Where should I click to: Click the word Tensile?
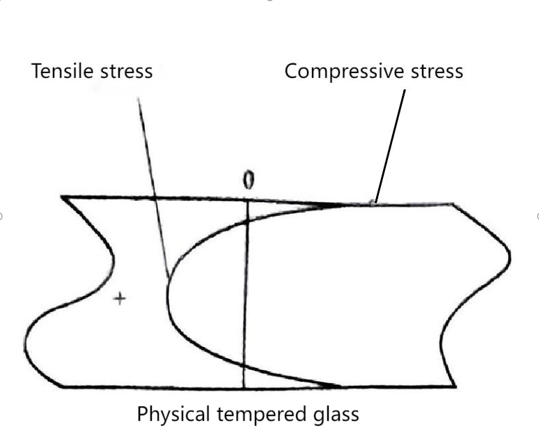click(62, 71)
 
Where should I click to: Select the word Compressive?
click(344, 72)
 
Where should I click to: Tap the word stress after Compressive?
click(437, 72)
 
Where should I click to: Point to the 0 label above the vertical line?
click(249, 180)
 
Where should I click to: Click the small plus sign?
click(120, 298)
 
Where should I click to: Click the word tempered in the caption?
click(261, 415)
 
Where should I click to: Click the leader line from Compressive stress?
click(390, 146)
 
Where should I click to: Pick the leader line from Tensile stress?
click(153, 187)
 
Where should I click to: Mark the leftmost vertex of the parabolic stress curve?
click(167, 295)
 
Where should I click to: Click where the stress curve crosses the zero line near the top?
click(247, 220)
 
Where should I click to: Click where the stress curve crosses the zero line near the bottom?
click(244, 365)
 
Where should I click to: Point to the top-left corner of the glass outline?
click(62, 197)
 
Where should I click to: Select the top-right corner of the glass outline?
click(453, 205)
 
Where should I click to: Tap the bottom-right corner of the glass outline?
click(455, 387)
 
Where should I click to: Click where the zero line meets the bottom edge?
click(244, 387)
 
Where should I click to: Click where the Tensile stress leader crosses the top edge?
click(155, 198)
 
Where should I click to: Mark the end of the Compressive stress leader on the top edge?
click(375, 203)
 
